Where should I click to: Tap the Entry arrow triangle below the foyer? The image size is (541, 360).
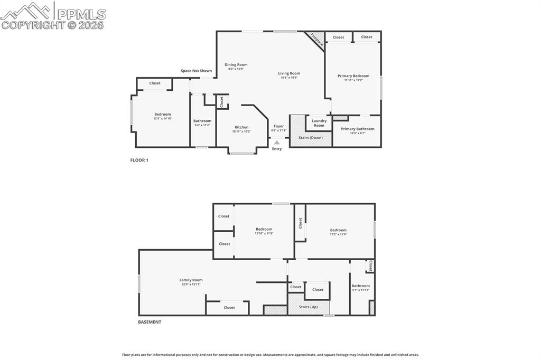coord(277,142)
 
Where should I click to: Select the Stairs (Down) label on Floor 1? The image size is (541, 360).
coord(311,137)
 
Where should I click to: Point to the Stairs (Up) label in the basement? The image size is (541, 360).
coord(309,307)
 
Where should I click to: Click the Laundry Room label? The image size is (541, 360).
coord(319,123)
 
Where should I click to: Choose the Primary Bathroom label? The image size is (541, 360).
coord(357,129)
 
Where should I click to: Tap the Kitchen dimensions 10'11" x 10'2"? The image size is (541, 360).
coord(241,131)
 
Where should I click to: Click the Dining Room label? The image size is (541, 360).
coord(236,64)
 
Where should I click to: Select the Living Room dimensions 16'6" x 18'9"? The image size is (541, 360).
coord(289,78)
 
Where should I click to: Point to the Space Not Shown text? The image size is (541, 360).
coord(196,71)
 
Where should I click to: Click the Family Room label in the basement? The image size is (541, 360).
coord(191,280)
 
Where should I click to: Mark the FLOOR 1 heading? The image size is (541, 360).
coord(139,160)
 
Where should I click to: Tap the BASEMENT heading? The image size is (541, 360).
coord(150,322)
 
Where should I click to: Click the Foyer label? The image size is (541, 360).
coord(278,126)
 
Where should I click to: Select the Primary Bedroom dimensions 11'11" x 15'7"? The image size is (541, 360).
coord(353,80)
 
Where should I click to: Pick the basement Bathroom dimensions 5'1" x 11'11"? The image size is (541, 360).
coord(360,290)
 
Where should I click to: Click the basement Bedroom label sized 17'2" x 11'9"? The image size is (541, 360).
coord(338,230)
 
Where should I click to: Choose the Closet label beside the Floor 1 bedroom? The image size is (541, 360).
coord(155,83)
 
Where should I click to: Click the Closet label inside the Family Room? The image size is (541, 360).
coord(229,307)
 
